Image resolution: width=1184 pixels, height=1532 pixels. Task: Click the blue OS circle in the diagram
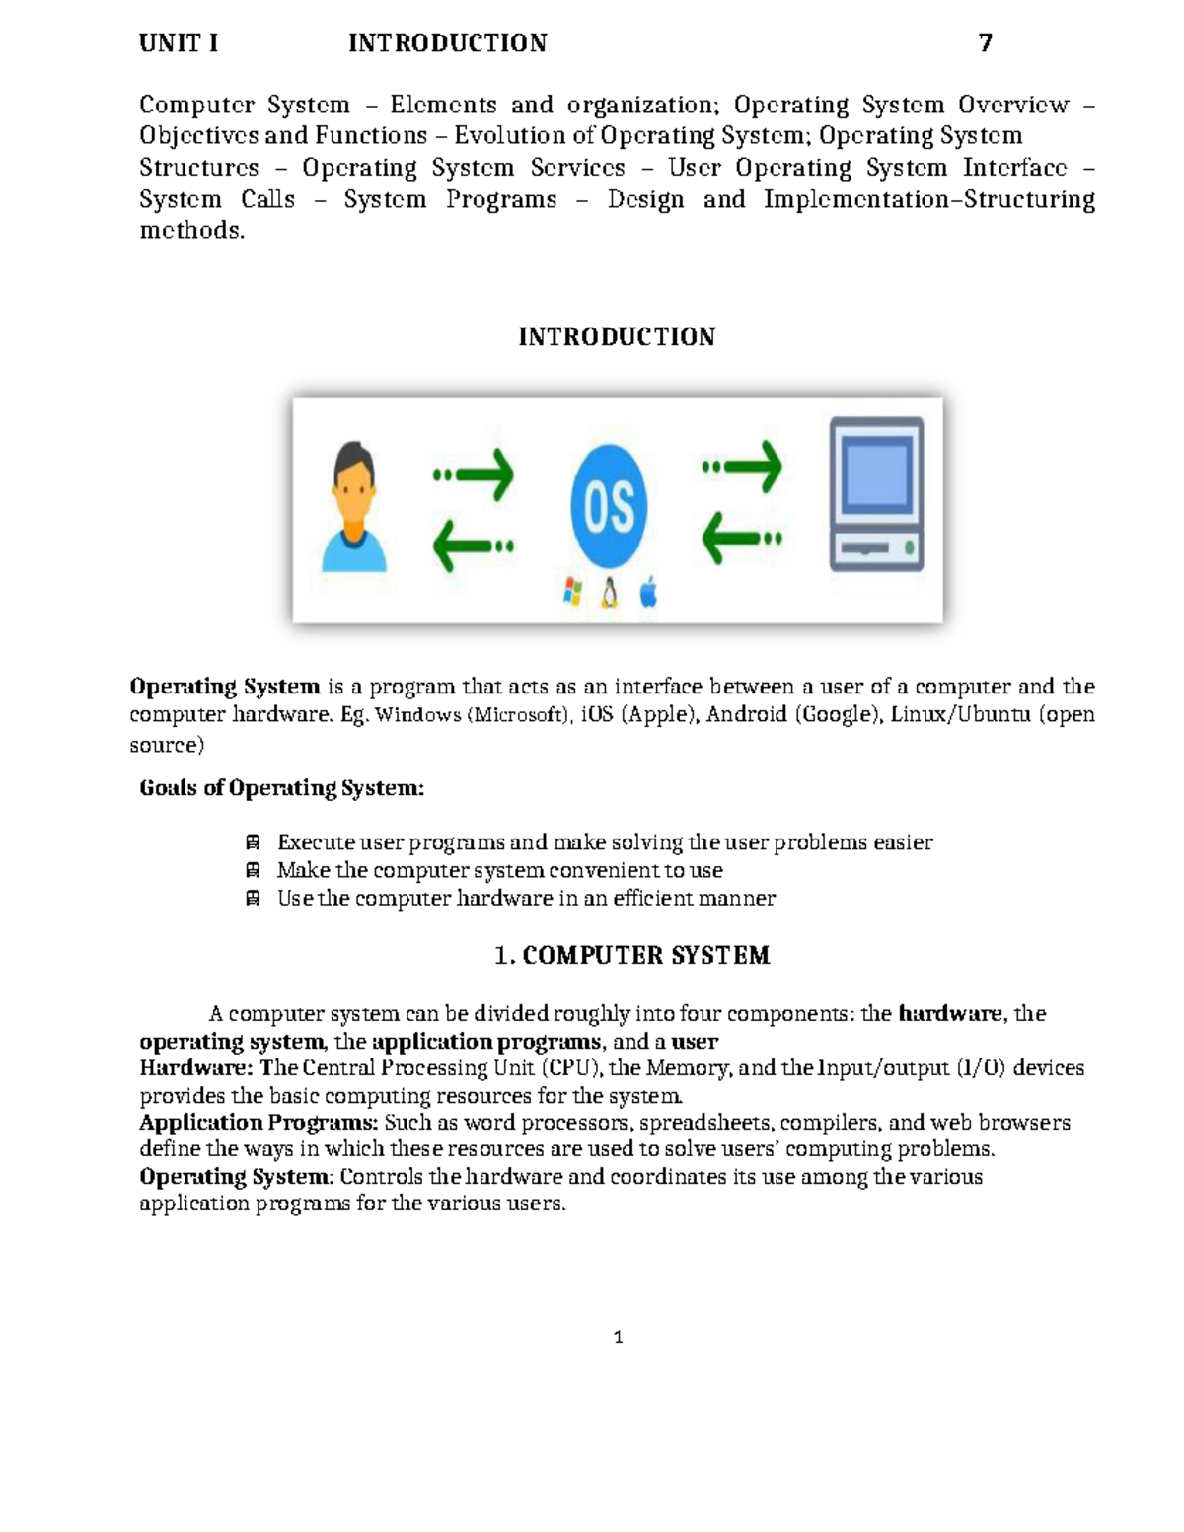pyautogui.click(x=609, y=506)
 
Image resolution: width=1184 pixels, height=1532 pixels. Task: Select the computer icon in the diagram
pyautogui.click(x=876, y=494)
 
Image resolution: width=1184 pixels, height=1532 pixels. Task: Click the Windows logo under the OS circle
pyautogui.click(x=572, y=592)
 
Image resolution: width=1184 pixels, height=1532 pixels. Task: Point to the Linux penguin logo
pyautogui.click(x=610, y=592)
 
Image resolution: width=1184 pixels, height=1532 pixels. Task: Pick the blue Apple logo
pyautogui.click(x=648, y=593)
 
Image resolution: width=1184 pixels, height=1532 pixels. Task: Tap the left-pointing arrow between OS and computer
pyautogui.click(x=742, y=539)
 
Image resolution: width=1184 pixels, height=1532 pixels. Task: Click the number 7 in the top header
pyautogui.click(x=985, y=43)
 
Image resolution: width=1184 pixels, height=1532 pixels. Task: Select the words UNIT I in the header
pyautogui.click(x=179, y=43)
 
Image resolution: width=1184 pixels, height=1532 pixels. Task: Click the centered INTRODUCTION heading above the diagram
pyautogui.click(x=617, y=337)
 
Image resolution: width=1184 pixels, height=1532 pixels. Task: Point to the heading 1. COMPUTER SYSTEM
pyautogui.click(x=631, y=955)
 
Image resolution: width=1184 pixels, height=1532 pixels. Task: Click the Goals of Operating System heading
pyautogui.click(x=282, y=788)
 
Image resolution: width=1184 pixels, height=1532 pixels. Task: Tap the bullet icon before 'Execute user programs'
pyautogui.click(x=253, y=842)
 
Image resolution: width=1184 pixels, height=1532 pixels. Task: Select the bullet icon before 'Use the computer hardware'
pyautogui.click(x=253, y=898)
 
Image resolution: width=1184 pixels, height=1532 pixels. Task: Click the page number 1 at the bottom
pyautogui.click(x=618, y=1338)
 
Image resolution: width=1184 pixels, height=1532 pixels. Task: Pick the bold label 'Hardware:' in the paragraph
pyautogui.click(x=196, y=1068)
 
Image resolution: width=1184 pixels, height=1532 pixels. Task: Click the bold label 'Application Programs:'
pyautogui.click(x=259, y=1123)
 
